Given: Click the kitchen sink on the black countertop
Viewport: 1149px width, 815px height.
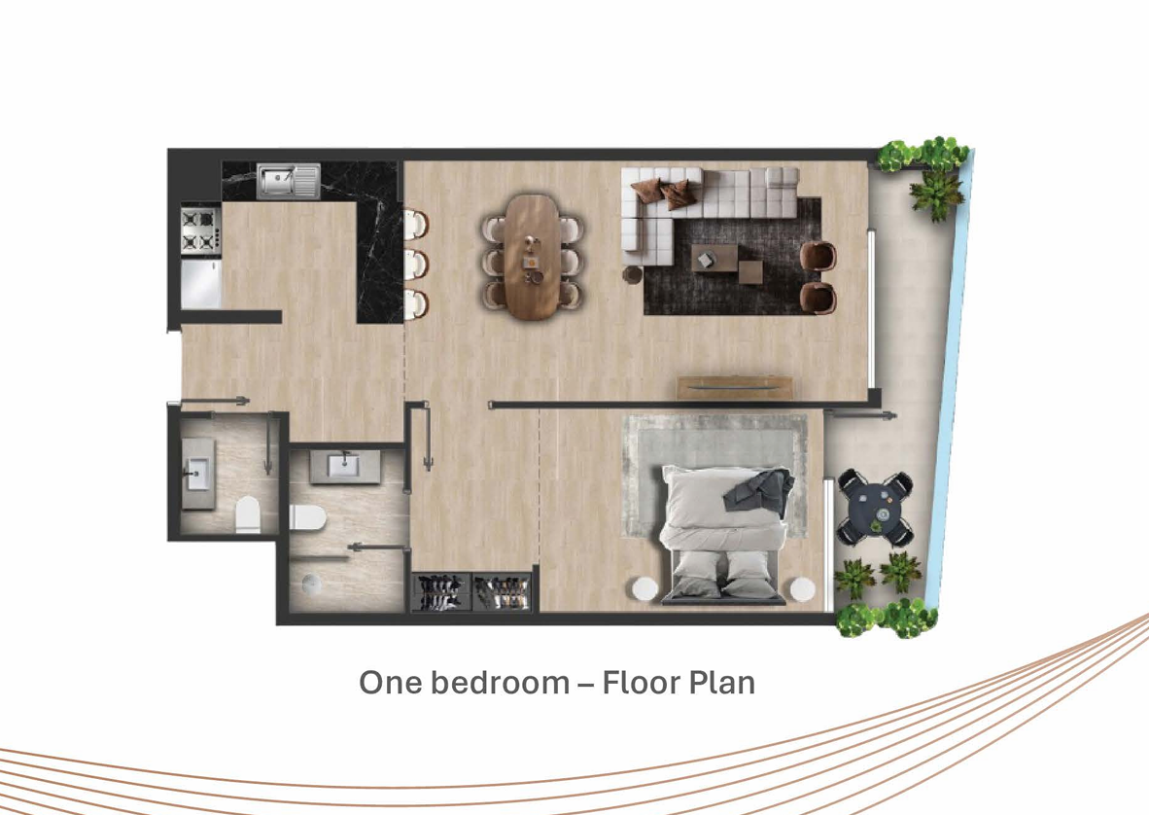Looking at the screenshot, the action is (x=289, y=181).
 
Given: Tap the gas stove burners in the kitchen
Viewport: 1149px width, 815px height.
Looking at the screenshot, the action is (x=201, y=230).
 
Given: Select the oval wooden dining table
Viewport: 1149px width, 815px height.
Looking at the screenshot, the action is (x=532, y=257).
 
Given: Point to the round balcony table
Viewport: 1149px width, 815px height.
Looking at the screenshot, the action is (x=877, y=507).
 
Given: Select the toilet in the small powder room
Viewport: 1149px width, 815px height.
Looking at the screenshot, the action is (x=248, y=514).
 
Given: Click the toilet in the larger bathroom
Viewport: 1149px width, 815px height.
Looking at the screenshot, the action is (x=308, y=517).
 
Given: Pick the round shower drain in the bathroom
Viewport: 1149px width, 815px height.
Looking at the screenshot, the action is (x=311, y=585).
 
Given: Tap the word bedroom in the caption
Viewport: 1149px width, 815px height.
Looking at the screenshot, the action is (x=500, y=683).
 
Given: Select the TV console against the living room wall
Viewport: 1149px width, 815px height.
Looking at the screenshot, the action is (x=734, y=387).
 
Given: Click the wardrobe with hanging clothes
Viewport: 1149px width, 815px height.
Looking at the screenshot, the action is (x=471, y=592).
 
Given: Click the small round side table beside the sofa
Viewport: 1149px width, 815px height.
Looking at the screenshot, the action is (x=633, y=274).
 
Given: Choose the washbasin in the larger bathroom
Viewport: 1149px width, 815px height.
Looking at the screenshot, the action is (x=344, y=466).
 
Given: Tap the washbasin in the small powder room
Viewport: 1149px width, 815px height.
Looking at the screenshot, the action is (x=198, y=474).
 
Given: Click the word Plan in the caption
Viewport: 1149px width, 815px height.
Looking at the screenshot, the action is (x=725, y=683).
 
